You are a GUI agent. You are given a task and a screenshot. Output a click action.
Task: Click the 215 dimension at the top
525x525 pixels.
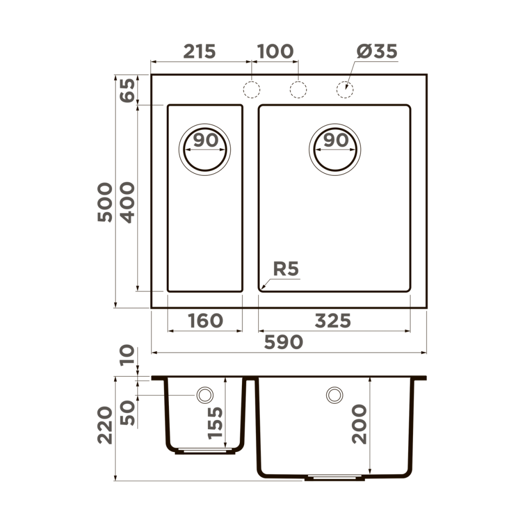point(199,51)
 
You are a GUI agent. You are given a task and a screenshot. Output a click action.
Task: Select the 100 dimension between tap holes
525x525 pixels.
point(274,51)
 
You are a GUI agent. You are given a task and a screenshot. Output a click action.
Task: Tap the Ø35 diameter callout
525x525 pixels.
point(377,51)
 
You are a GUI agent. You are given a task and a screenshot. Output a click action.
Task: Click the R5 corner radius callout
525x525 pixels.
point(285,269)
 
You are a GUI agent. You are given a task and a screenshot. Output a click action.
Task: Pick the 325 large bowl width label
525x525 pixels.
point(333,320)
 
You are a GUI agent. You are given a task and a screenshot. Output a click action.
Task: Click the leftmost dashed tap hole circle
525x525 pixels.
point(251,89)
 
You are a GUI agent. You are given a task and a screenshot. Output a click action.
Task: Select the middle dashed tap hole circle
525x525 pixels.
point(297,89)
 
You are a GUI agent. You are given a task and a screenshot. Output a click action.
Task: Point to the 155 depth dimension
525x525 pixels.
point(215,423)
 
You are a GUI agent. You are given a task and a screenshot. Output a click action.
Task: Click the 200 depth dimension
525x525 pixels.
point(360,424)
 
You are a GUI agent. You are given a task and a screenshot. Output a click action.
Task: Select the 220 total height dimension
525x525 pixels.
point(105,425)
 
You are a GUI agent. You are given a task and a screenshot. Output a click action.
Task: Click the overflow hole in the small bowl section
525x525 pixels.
point(205,395)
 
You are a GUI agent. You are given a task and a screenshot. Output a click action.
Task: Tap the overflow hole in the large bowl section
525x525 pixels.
point(334,395)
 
